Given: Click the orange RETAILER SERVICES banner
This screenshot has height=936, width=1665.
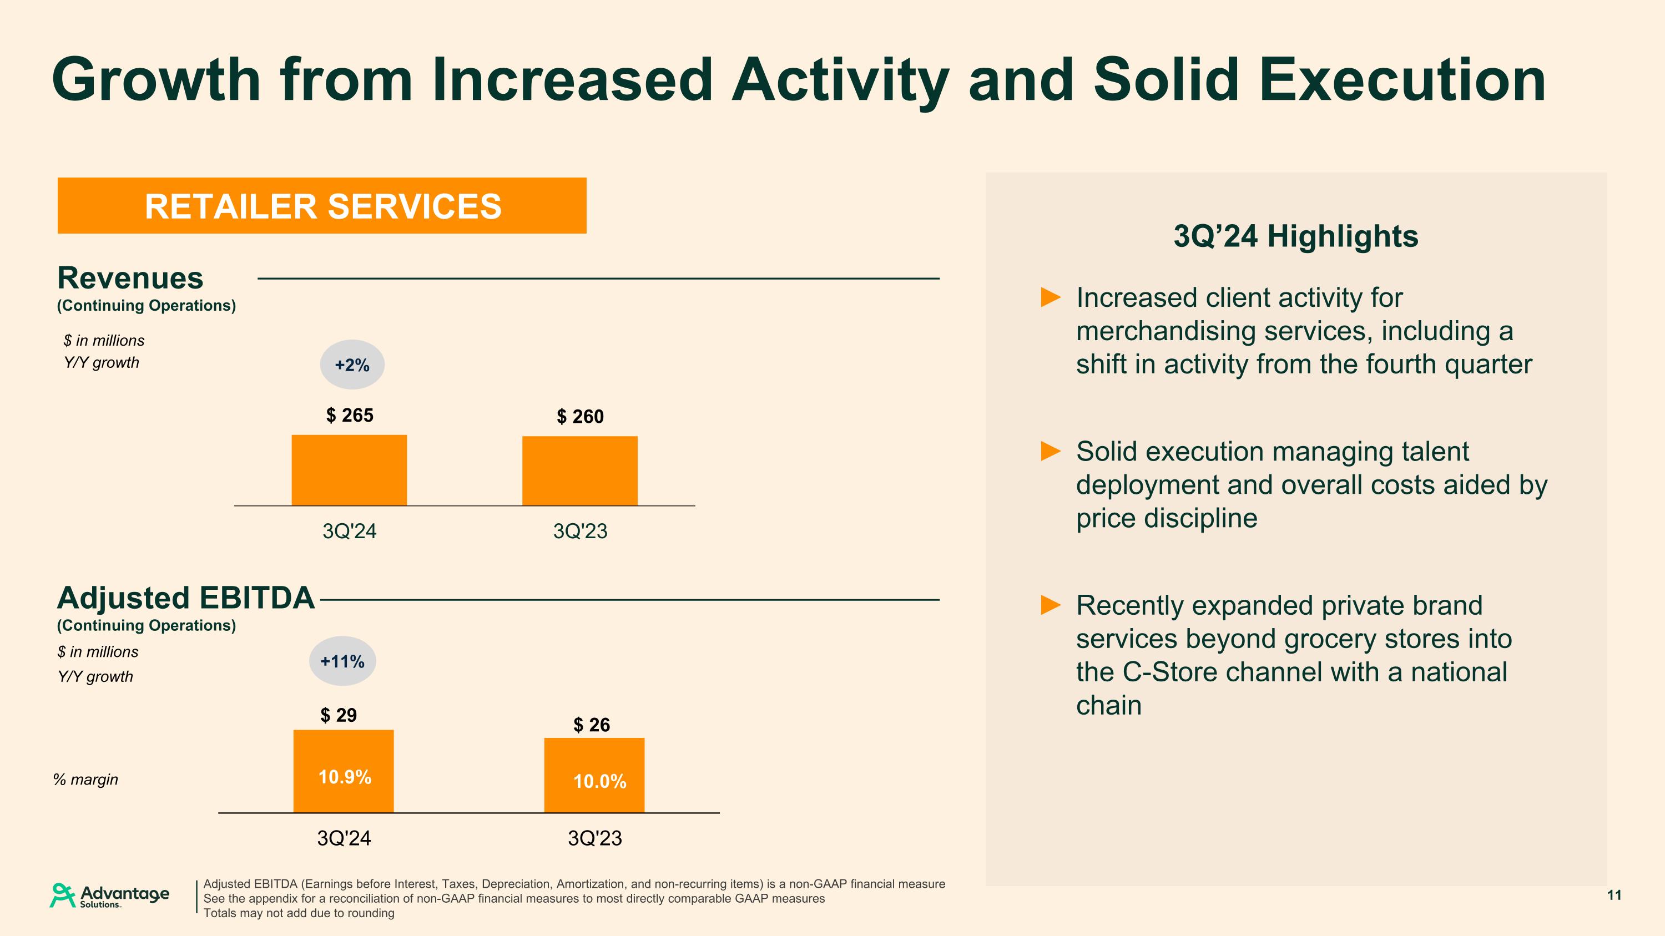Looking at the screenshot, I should pyautogui.click(x=322, y=205).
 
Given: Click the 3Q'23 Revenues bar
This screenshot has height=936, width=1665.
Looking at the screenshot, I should pyautogui.click(x=580, y=470).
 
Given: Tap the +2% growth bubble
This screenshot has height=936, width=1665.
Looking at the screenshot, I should pyautogui.click(x=352, y=365).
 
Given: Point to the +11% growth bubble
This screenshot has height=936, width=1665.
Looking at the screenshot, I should pyautogui.click(x=342, y=661).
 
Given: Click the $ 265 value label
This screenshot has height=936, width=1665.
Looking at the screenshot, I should pyautogui.click(x=350, y=416).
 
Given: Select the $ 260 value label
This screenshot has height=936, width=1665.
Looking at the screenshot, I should pyautogui.click(x=581, y=417).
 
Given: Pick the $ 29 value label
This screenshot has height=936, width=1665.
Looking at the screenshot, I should pyautogui.click(x=339, y=715).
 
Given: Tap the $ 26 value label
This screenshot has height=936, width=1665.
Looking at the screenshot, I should pyautogui.click(x=592, y=725).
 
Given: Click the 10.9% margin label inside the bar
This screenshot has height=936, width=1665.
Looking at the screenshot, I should pyautogui.click(x=345, y=776).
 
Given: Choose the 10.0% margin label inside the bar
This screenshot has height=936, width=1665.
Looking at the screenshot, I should pyautogui.click(x=599, y=782).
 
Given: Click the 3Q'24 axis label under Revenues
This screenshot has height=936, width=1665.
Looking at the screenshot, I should pyautogui.click(x=349, y=531).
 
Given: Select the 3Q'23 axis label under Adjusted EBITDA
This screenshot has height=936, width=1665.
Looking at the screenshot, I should pyautogui.click(x=594, y=838).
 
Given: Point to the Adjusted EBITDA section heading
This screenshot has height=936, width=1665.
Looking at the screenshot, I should pyautogui.click(x=185, y=598).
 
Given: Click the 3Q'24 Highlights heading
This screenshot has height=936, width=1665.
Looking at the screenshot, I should pyautogui.click(x=1295, y=236).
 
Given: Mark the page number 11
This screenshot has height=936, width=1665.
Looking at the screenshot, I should pyautogui.click(x=1614, y=894).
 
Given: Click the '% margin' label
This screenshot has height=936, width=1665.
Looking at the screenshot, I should pyautogui.click(x=85, y=780).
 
